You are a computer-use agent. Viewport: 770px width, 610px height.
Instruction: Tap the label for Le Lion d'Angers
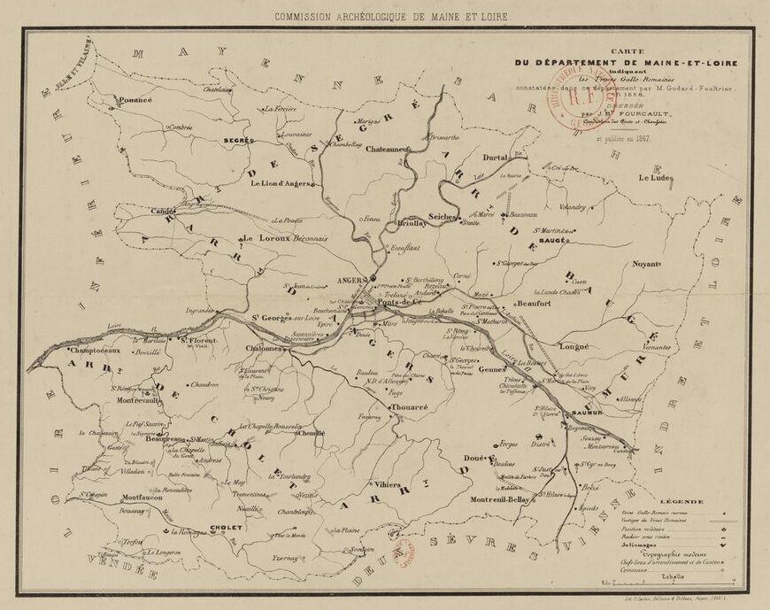click(281, 184)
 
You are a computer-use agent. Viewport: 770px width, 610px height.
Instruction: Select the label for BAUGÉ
click(552, 240)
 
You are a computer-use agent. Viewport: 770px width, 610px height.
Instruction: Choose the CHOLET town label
click(226, 528)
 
